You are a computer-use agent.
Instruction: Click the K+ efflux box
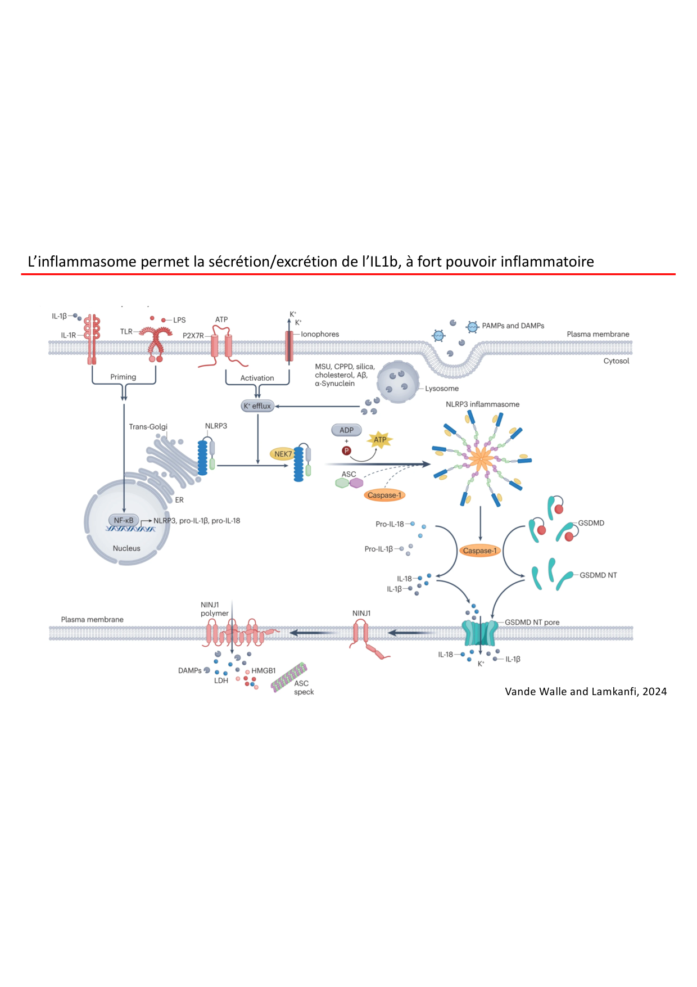(x=257, y=406)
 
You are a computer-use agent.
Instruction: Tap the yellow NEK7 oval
(x=283, y=454)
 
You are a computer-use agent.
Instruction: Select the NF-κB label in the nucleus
(x=124, y=520)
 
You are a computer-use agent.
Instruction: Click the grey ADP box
(x=346, y=430)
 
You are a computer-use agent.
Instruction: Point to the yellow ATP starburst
(x=380, y=440)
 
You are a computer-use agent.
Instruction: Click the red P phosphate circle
(x=347, y=450)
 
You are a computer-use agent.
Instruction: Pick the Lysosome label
(x=442, y=389)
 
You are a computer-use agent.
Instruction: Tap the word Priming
(x=123, y=377)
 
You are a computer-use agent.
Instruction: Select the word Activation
(x=257, y=378)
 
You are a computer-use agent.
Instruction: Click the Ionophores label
(x=320, y=334)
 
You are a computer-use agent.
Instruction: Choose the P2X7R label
(x=193, y=336)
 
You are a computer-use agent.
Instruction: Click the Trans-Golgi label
(x=148, y=427)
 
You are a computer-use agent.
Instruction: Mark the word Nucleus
(x=126, y=548)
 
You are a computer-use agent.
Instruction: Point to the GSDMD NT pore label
(x=532, y=622)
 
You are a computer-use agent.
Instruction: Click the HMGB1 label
(x=264, y=671)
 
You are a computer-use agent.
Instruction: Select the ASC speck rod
(x=289, y=677)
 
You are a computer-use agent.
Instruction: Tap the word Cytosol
(x=616, y=361)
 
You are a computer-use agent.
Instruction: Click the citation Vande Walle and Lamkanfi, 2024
(x=586, y=692)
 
